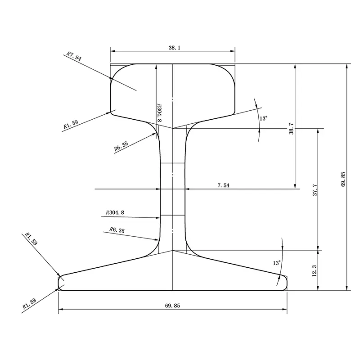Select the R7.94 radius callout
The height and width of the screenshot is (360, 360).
(73, 56)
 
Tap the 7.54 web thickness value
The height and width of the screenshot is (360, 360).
(223, 185)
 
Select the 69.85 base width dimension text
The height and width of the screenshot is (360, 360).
(172, 305)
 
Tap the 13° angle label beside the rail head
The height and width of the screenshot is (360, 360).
(264, 118)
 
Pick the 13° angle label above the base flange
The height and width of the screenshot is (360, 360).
(276, 262)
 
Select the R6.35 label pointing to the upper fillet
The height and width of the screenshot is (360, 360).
(121, 147)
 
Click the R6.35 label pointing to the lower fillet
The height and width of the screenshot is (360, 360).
(117, 230)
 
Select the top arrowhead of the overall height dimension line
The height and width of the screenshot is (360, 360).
(346, 66)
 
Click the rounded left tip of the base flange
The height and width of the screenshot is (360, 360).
(59, 282)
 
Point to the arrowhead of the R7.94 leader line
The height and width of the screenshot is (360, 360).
(112, 79)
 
